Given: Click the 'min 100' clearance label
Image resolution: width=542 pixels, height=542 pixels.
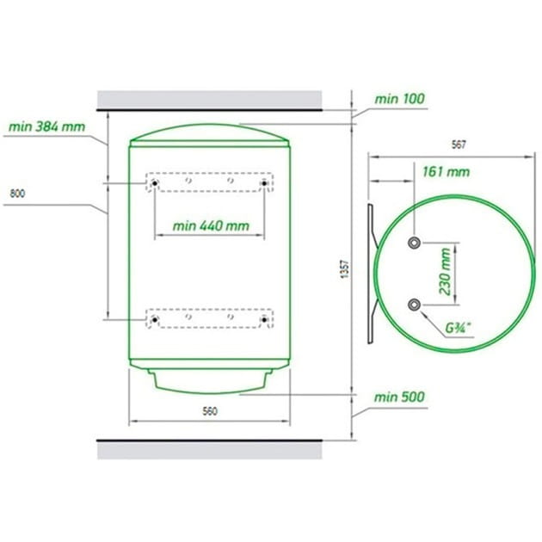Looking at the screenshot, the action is (x=399, y=99).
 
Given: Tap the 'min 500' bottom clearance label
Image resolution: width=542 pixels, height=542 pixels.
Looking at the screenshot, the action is (x=399, y=397).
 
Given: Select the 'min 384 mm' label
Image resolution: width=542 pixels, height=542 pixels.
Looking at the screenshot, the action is (x=46, y=126).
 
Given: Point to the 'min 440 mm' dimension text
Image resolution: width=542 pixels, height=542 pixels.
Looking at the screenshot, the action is (x=211, y=226).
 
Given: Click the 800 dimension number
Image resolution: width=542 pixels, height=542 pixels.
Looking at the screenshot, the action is (x=17, y=194).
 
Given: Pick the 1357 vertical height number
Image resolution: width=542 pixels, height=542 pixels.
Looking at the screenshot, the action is (x=345, y=269).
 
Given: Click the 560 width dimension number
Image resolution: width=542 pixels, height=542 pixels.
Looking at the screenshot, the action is (x=210, y=411).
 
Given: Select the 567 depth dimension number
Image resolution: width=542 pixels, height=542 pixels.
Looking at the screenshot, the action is (x=459, y=145).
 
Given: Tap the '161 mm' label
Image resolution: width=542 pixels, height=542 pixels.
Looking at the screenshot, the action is (x=447, y=172).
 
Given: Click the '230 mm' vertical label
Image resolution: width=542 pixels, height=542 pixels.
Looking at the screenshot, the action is (x=445, y=272).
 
